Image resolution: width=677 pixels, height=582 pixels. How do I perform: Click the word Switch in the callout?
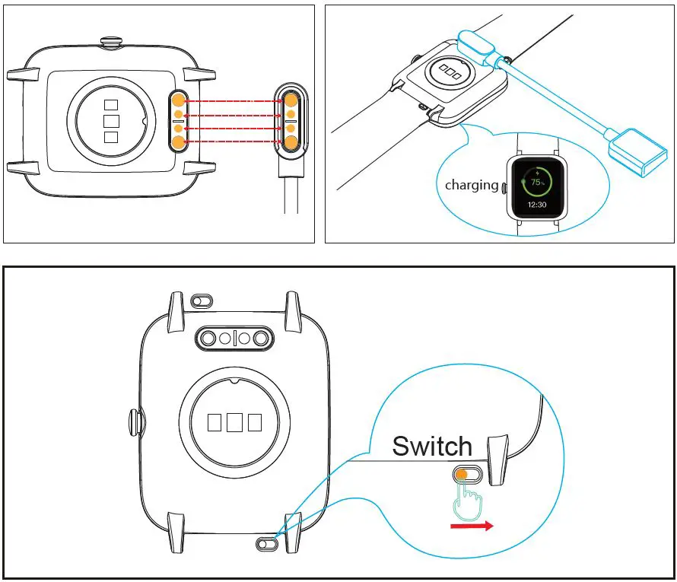431,446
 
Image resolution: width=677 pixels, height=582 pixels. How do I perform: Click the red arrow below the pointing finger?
472,526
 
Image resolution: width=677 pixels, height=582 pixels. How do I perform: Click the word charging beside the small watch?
471,185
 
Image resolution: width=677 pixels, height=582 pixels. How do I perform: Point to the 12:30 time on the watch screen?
538,205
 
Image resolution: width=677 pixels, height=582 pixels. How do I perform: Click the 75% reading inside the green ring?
538,183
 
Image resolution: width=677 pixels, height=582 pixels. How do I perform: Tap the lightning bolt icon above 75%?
538,173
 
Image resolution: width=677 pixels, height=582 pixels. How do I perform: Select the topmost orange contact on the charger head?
291,100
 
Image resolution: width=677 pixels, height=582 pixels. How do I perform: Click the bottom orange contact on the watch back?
177,142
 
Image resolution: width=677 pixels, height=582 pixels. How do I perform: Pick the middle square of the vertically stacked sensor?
111,121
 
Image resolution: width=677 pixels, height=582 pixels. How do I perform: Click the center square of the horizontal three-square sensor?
234,422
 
